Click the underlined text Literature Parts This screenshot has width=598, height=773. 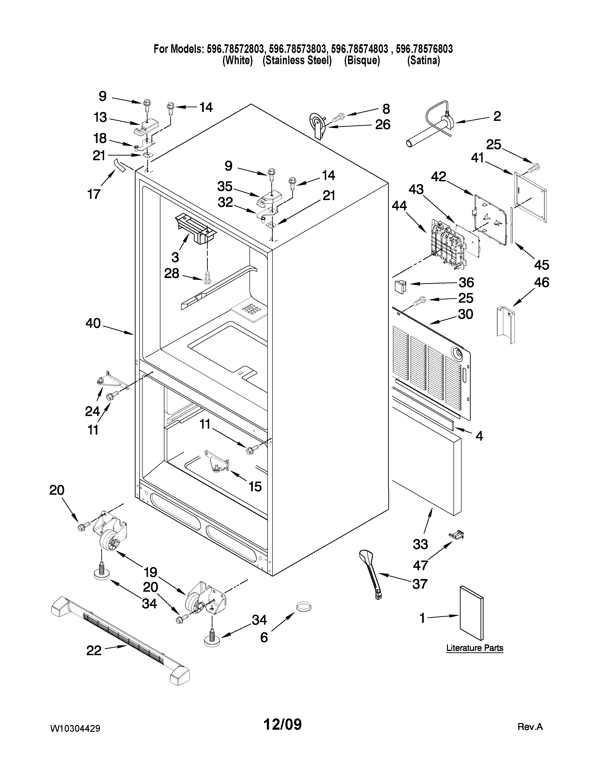(474, 648)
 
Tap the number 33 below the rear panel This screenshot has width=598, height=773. (420, 544)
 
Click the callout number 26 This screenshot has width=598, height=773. (383, 125)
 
